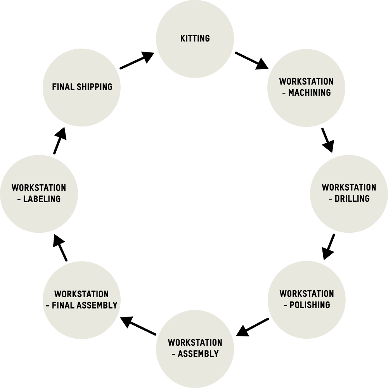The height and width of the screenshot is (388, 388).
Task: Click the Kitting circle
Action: (x=195, y=39)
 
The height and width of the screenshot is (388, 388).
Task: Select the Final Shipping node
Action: (x=81, y=87)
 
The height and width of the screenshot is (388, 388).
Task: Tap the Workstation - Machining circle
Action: (x=307, y=87)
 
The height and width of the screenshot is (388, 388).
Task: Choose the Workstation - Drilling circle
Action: (x=349, y=193)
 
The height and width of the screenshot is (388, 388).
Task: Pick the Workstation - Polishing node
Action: (x=307, y=300)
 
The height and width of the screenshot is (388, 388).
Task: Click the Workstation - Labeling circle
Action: (x=39, y=193)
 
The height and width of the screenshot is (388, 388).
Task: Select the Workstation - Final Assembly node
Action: (x=81, y=300)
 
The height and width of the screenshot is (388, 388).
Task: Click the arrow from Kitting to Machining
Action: (x=251, y=61)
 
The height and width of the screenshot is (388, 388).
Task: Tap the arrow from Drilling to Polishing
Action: (x=329, y=246)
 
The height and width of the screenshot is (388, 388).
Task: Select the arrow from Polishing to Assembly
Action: (x=253, y=327)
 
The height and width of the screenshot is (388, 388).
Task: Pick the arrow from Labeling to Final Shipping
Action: (x=59, y=140)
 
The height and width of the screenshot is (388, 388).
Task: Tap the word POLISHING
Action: (x=310, y=305)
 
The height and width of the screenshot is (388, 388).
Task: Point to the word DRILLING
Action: (x=352, y=199)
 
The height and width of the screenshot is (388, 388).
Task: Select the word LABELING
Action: (x=42, y=199)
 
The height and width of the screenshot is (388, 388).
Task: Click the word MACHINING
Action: (x=310, y=93)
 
